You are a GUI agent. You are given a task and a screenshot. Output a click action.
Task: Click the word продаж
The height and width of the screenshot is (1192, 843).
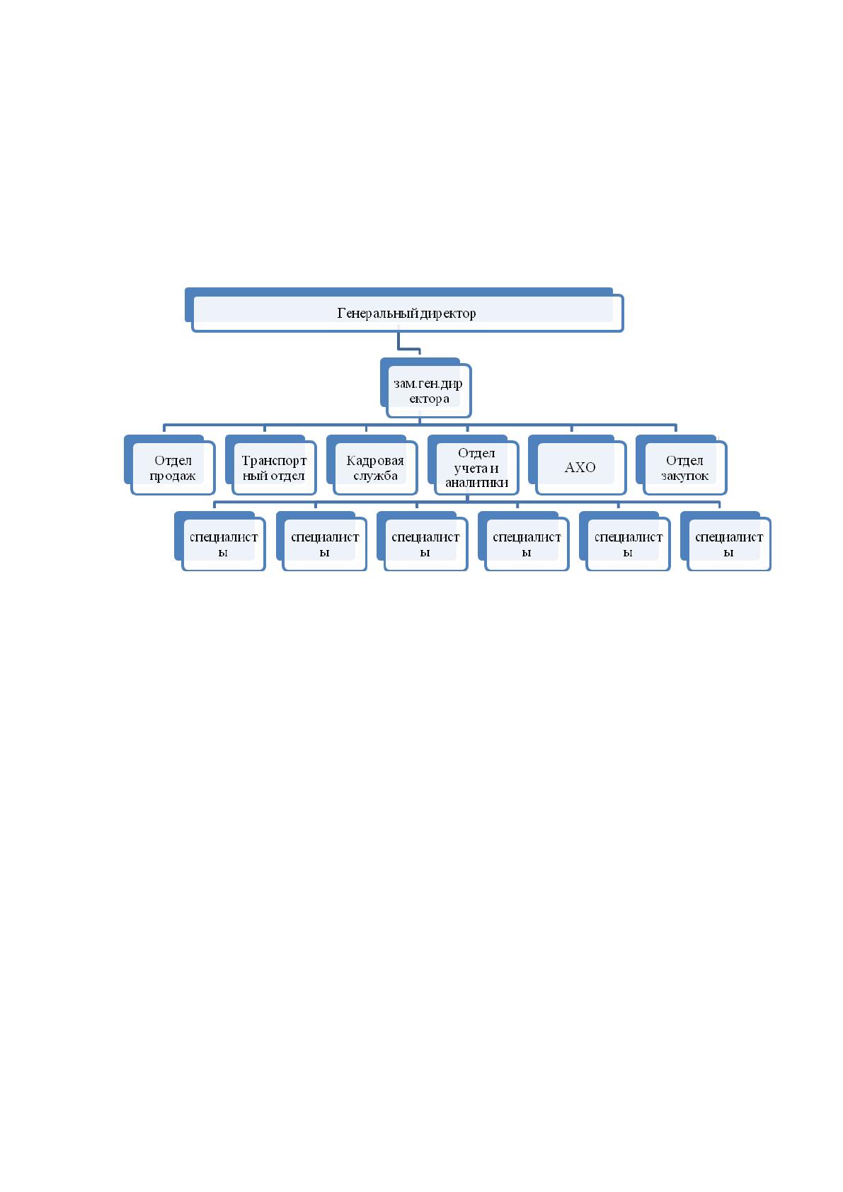[173, 476]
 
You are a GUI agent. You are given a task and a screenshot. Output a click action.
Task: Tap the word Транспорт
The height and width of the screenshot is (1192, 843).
[274, 461]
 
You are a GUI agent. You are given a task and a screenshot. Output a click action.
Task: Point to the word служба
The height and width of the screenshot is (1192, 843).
[375, 476]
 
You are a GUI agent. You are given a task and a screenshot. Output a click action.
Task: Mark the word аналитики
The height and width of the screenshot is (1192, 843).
[477, 483]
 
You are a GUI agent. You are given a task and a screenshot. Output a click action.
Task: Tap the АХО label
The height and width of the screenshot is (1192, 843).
[580, 467]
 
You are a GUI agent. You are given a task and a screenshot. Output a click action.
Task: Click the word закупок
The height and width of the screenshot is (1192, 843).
[685, 476]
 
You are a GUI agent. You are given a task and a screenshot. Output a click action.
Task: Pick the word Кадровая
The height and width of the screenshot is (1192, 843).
[375, 461]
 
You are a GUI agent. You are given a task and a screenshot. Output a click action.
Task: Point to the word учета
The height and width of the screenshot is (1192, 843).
[469, 469]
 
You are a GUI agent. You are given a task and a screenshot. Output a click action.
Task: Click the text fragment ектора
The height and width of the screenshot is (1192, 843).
[429, 399]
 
